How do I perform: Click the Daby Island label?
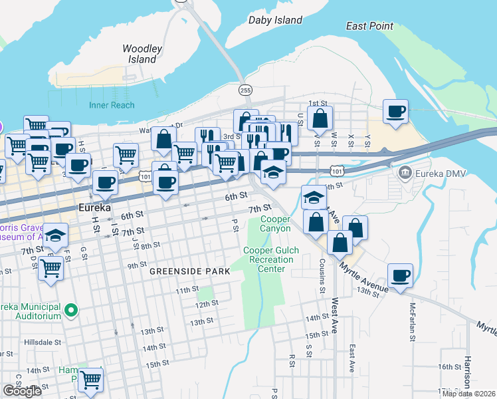click(275, 20)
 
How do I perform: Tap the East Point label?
click(369, 27)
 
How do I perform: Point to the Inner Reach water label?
click(112, 105)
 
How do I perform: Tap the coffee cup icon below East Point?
click(395, 111)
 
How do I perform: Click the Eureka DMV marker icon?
click(403, 174)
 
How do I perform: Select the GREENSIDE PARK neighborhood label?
click(189, 271)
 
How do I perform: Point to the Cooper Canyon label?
click(275, 224)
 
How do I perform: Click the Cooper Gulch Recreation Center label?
click(270, 259)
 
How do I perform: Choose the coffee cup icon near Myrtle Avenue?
click(399, 275)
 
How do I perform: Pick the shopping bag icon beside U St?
click(320, 120)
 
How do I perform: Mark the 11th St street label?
click(187, 291)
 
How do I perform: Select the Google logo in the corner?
click(22, 391)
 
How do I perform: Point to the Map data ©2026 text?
click(468, 394)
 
